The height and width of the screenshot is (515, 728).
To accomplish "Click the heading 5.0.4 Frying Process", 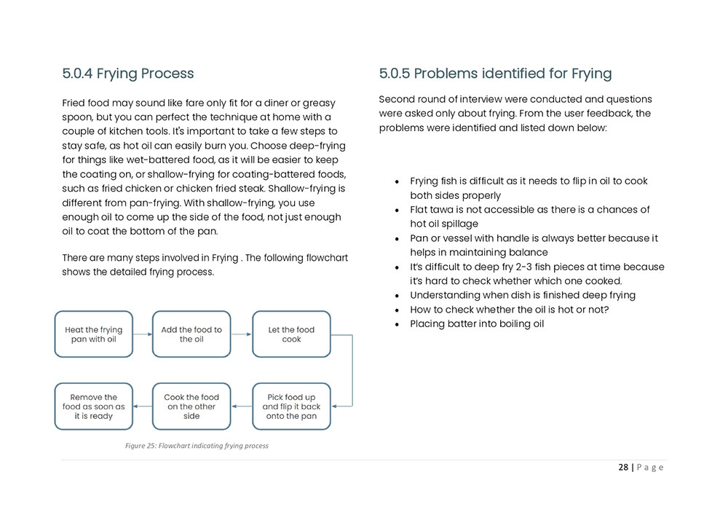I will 128,74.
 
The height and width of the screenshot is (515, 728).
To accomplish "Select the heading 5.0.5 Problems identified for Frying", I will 495,74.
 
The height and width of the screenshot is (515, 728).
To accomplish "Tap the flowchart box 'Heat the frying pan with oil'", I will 94,334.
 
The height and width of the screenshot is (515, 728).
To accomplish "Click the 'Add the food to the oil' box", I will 191,334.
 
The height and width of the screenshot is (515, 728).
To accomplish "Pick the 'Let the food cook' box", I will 291,334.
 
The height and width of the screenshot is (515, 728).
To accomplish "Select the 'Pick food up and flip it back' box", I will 291,406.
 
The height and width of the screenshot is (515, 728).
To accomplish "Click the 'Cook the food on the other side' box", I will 191,406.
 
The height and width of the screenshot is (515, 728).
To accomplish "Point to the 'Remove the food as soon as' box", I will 94,406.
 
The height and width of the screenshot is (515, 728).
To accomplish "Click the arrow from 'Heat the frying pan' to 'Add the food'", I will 143,335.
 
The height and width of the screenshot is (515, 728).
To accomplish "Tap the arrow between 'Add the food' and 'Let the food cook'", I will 242,335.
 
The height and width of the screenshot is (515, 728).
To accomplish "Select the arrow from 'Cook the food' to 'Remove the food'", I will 143,406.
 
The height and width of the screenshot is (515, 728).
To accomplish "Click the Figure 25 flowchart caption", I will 197,446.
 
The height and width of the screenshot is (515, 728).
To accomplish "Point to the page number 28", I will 623,468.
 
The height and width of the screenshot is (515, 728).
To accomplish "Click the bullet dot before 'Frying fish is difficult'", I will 395,182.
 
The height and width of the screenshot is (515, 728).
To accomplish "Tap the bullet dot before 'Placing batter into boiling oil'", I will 395,325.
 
